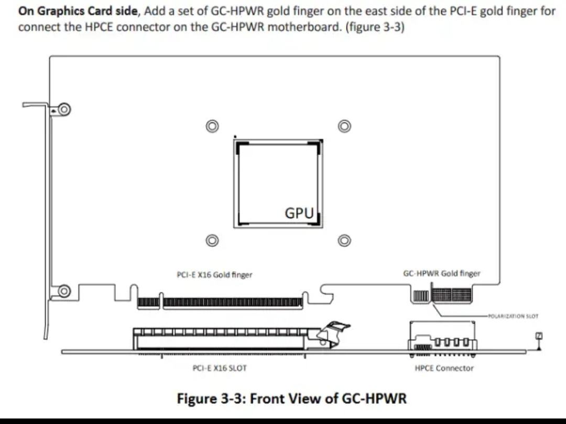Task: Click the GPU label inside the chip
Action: point(299,213)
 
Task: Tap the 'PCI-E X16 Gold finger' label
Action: point(214,274)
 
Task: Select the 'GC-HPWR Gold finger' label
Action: point(442,273)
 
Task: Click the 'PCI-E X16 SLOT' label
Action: point(220,368)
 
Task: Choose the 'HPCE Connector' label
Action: point(444,368)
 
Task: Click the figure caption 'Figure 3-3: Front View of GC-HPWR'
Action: point(291,398)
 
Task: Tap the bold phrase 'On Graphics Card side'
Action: point(77,11)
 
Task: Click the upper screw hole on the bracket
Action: point(64,109)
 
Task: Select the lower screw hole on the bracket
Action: point(64,291)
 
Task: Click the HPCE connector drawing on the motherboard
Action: point(443,336)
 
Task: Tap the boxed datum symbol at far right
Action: point(537,336)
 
